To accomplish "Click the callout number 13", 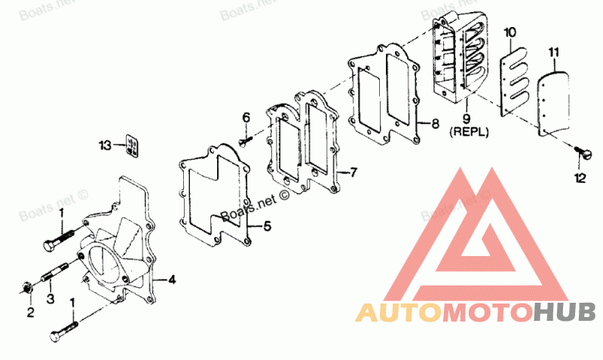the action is coord(105,145).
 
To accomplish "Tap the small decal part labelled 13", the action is coord(132,145).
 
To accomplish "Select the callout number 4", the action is coord(172,279).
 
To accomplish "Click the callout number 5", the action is coord(267,226).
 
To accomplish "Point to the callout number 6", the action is coord(246,117).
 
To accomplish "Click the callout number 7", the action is coord(353,172).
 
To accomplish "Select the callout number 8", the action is coord(435,124).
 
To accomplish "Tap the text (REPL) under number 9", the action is coord(469,132).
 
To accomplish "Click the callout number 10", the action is coord(510,32).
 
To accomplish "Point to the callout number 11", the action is coord(554,53).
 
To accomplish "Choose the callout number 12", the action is coord(580,178).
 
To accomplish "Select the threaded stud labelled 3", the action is coord(54,272).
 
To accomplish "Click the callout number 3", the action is coord(51,298).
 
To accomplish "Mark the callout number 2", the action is coord(30,313).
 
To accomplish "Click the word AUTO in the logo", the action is coord(399,313).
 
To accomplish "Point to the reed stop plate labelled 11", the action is coord(553,104).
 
